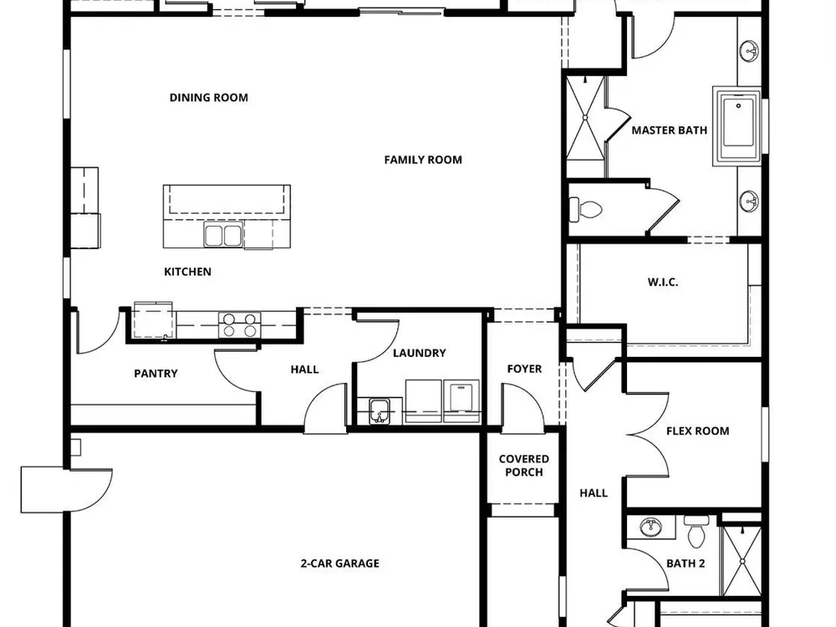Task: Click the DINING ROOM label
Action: [208, 98]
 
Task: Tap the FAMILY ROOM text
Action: [423, 160]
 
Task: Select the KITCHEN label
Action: [187, 272]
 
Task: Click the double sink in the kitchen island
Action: [223, 235]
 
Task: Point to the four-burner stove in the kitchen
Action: [239, 325]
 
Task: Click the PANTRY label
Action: [155, 374]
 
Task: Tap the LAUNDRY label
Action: [419, 353]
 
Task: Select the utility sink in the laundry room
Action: [380, 410]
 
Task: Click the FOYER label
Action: [524, 369]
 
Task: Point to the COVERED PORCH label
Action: [524, 466]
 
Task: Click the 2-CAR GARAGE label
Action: [340, 563]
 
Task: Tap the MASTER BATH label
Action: [669, 130]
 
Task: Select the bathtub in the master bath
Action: [737, 126]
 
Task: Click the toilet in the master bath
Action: [585, 210]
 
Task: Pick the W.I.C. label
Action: [663, 282]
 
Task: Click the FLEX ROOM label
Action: [697, 431]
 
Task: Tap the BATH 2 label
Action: [686, 563]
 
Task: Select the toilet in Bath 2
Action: [696, 532]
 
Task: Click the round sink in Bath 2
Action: [650, 528]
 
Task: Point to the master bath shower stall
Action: [585, 118]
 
